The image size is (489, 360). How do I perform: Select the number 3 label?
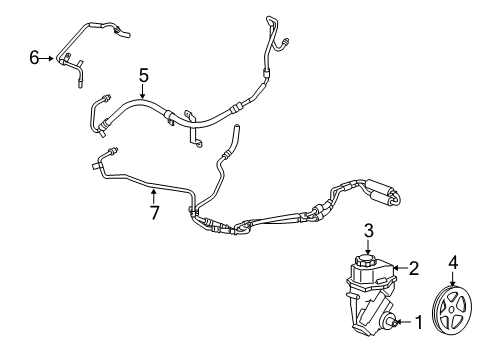(367, 232)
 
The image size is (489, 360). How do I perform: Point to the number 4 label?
(453, 263)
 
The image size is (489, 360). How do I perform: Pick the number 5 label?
(143, 75)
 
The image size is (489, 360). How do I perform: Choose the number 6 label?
(34, 59)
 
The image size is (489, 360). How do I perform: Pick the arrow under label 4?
(453, 281)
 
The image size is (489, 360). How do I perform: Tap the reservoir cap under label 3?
(366, 260)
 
